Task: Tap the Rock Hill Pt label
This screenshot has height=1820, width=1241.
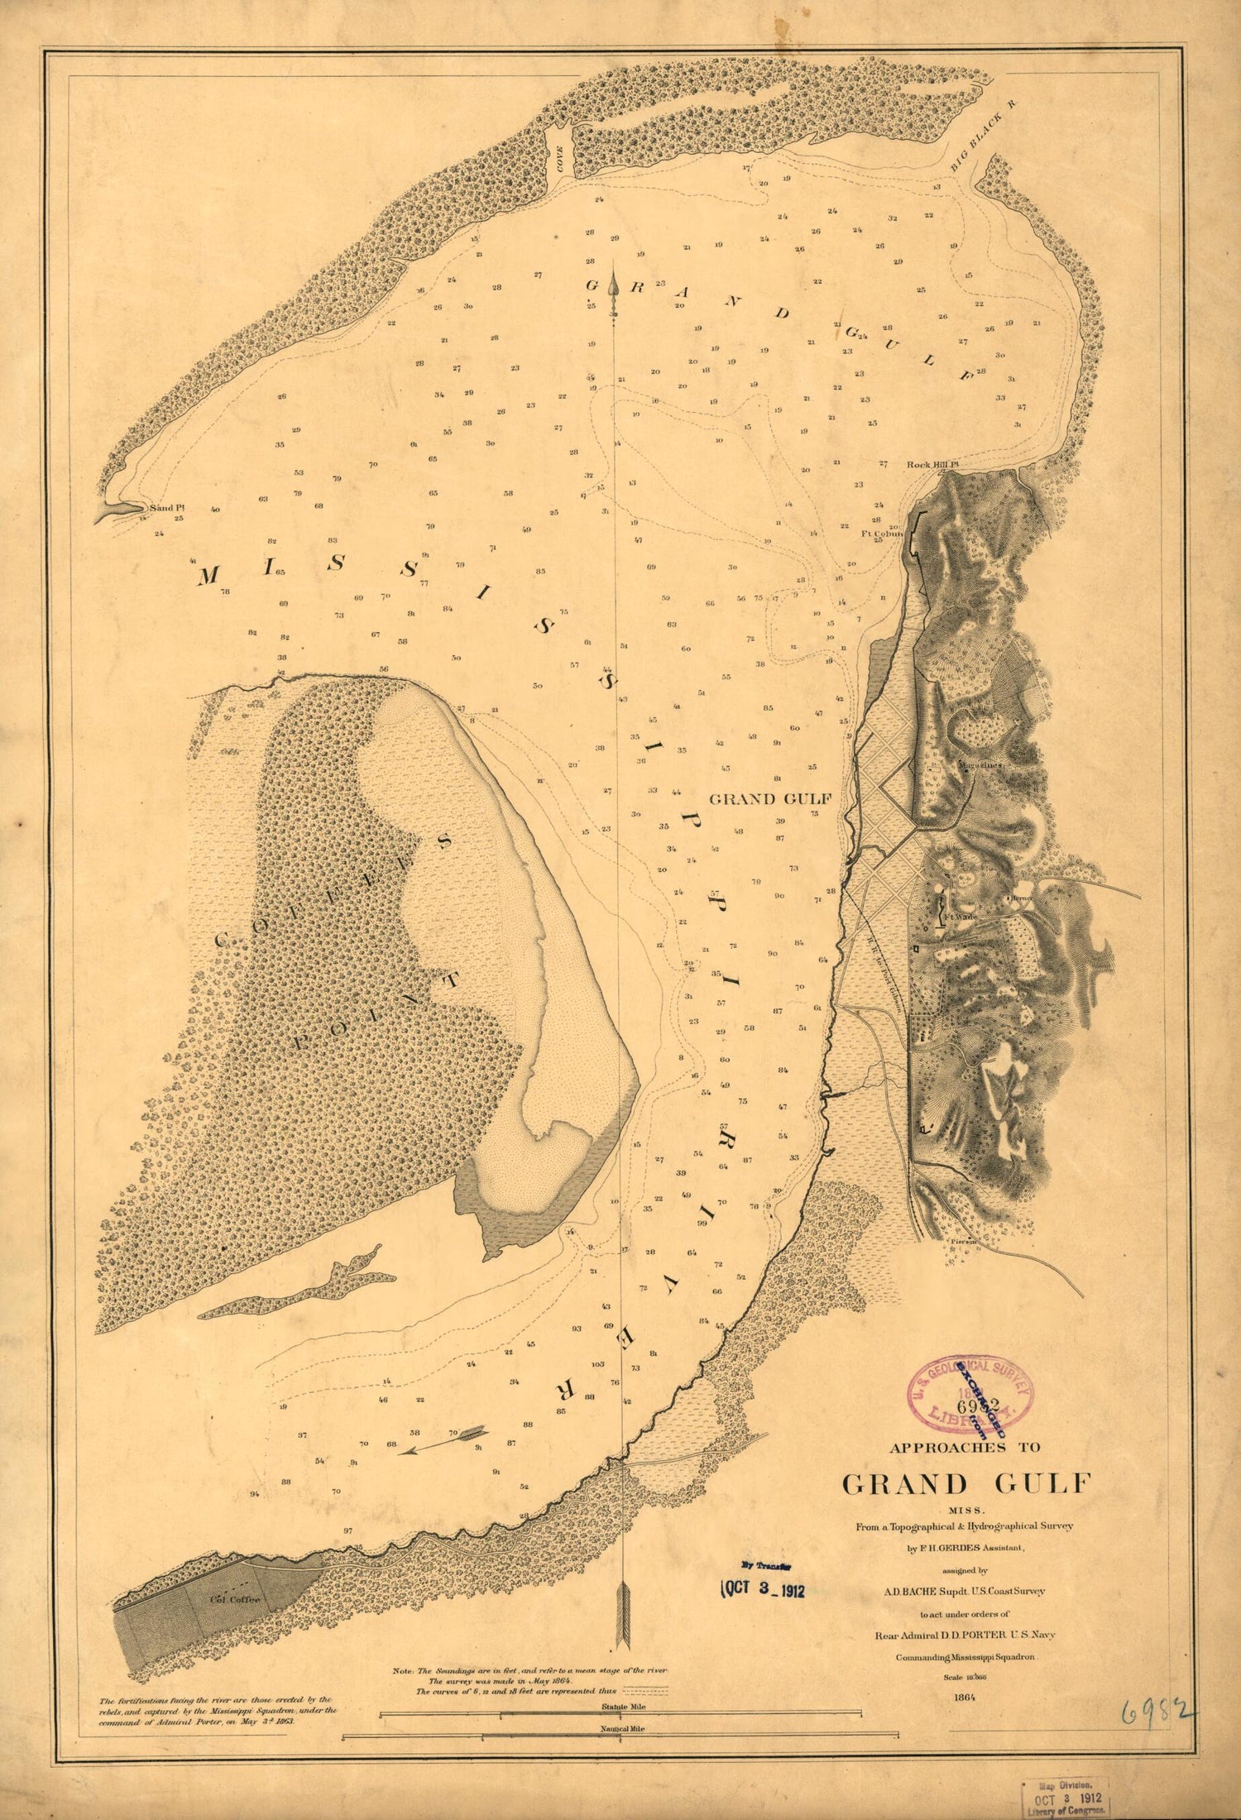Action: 932,464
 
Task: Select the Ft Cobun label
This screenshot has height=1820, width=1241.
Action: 882,534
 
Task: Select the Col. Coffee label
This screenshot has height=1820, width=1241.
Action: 235,1600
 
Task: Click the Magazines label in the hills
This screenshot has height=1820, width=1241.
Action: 980,765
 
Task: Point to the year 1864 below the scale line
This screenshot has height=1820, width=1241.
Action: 965,1691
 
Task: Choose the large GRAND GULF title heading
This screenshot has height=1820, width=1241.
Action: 966,1482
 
